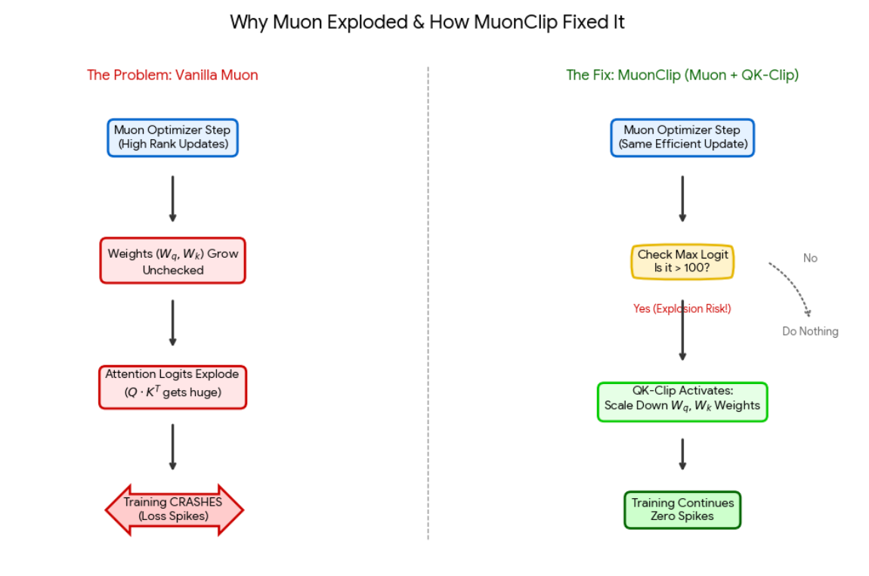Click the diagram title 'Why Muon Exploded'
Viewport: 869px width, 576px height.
[427, 22]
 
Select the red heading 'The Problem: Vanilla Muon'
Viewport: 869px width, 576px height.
[172, 75]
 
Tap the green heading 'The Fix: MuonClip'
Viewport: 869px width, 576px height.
[682, 75]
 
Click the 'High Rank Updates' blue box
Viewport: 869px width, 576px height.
[172, 138]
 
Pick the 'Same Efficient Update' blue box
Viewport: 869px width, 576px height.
[682, 138]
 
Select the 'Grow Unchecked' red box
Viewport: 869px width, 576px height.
[172, 262]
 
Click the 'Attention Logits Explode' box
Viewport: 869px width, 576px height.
[172, 387]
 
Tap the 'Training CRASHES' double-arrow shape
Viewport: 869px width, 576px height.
[174, 510]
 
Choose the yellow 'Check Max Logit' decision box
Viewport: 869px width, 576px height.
[682, 262]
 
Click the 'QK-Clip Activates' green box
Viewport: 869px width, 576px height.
[682, 401]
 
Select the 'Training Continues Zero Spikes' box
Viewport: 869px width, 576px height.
[682, 510]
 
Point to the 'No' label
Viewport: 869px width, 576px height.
[810, 259]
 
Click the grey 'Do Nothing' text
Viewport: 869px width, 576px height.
[810, 331]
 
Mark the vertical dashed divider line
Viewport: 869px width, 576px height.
[428, 302]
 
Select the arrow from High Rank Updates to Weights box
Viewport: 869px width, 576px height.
[172, 199]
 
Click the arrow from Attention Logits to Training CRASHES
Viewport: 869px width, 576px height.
[172, 447]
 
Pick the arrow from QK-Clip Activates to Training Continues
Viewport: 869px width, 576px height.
[682, 454]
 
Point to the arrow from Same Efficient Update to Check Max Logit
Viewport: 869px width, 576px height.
[682, 199]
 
